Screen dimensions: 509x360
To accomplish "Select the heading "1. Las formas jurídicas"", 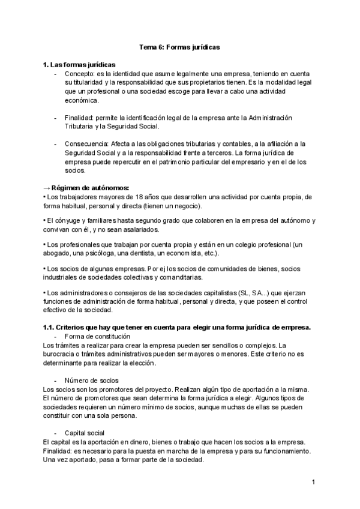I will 79,65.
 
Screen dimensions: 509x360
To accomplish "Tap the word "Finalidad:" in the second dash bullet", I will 80,118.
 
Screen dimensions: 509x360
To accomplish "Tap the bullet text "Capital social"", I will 85,433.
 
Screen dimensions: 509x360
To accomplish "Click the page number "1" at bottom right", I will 313,482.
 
